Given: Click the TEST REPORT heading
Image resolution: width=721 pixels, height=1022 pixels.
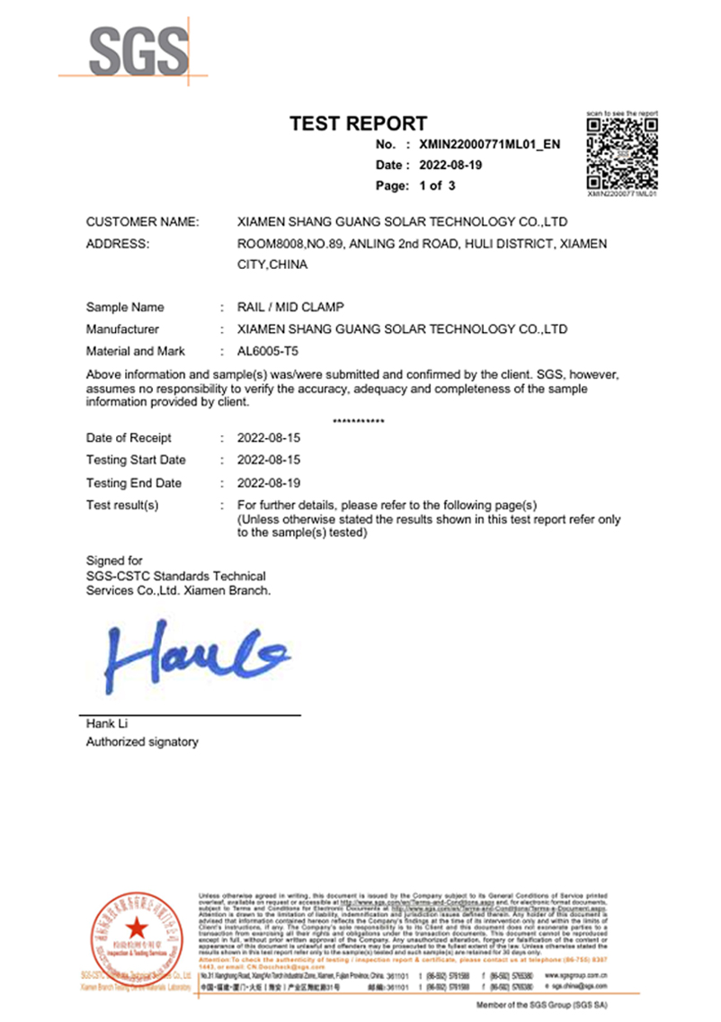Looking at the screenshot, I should (358, 124).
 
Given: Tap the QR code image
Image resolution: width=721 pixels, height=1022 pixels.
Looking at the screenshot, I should (622, 153).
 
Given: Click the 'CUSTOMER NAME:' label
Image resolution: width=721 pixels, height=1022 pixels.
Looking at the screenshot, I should (142, 221).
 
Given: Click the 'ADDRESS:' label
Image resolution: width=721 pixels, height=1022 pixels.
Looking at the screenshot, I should (117, 244).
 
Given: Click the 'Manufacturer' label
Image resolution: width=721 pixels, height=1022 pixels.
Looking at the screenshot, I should (122, 329).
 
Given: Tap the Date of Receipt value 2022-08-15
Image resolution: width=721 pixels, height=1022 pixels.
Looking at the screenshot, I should (268, 438).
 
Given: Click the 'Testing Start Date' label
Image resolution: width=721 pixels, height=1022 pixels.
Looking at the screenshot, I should (136, 461).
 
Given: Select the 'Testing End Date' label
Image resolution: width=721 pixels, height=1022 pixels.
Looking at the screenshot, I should (134, 483).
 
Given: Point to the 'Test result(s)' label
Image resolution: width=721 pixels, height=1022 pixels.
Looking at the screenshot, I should (122, 505).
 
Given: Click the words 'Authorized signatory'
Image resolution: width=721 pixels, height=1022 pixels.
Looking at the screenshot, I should (142, 742).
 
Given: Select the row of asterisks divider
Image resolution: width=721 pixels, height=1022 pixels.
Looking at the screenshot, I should (359, 422).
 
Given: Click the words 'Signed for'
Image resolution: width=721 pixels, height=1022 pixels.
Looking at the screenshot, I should (114, 560).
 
